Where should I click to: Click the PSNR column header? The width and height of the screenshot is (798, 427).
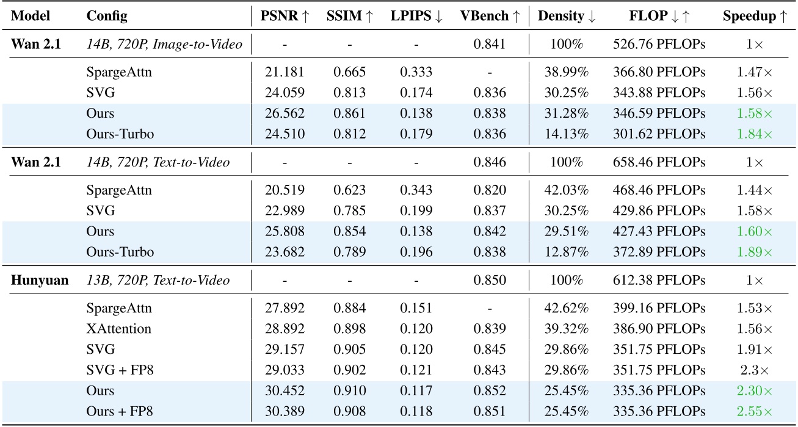[x=285, y=16]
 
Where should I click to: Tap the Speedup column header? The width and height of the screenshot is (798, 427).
[x=755, y=16]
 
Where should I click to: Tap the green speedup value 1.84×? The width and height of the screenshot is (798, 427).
[x=755, y=134]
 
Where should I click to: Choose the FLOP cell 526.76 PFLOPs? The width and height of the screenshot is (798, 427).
[x=659, y=43]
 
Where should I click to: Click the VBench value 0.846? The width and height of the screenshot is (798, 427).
[x=489, y=162]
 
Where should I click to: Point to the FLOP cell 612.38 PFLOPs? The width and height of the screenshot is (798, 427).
[x=659, y=281]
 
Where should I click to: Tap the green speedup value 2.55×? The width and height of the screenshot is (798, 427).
[x=755, y=411]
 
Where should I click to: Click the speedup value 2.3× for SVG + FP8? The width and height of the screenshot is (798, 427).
[x=755, y=370]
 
